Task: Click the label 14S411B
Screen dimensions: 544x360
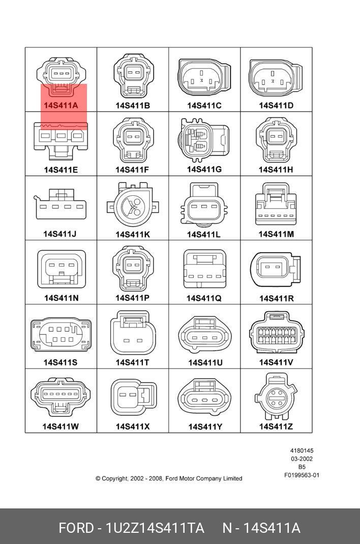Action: pyautogui.click(x=133, y=106)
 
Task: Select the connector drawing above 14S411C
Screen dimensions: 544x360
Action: pyautogui.click(x=204, y=78)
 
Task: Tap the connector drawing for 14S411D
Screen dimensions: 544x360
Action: pyautogui.click(x=276, y=78)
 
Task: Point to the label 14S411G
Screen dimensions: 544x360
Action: pyautogui.click(x=204, y=169)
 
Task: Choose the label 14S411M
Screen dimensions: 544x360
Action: pyautogui.click(x=276, y=234)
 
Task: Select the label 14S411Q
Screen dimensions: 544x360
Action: pyautogui.click(x=204, y=298)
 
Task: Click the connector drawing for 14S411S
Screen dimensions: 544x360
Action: pyautogui.click(x=61, y=336)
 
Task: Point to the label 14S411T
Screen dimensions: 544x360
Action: pyautogui.click(x=132, y=362)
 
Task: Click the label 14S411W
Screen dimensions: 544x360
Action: pyautogui.click(x=61, y=427)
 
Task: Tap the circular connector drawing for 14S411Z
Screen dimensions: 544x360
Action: pyautogui.click(x=275, y=396)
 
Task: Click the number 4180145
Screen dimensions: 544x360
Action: pyautogui.click(x=302, y=451)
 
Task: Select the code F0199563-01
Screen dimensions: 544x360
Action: pyautogui.click(x=302, y=475)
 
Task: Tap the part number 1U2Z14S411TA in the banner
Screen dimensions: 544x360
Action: pyautogui.click(x=155, y=528)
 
